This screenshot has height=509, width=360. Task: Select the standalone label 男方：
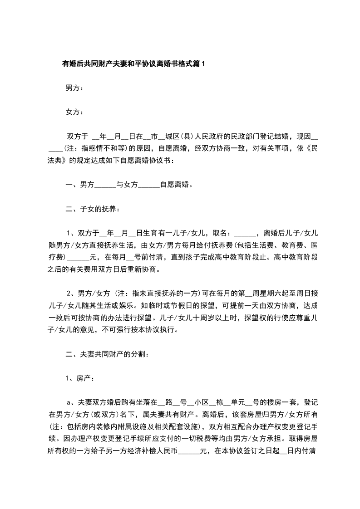pos(74,88)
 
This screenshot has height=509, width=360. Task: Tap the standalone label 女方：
pos(74,112)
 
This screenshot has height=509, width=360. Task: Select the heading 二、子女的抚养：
pos(93,209)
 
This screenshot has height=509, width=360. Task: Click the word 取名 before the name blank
pos(222,234)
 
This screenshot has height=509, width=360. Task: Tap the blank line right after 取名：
pos(246,235)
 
